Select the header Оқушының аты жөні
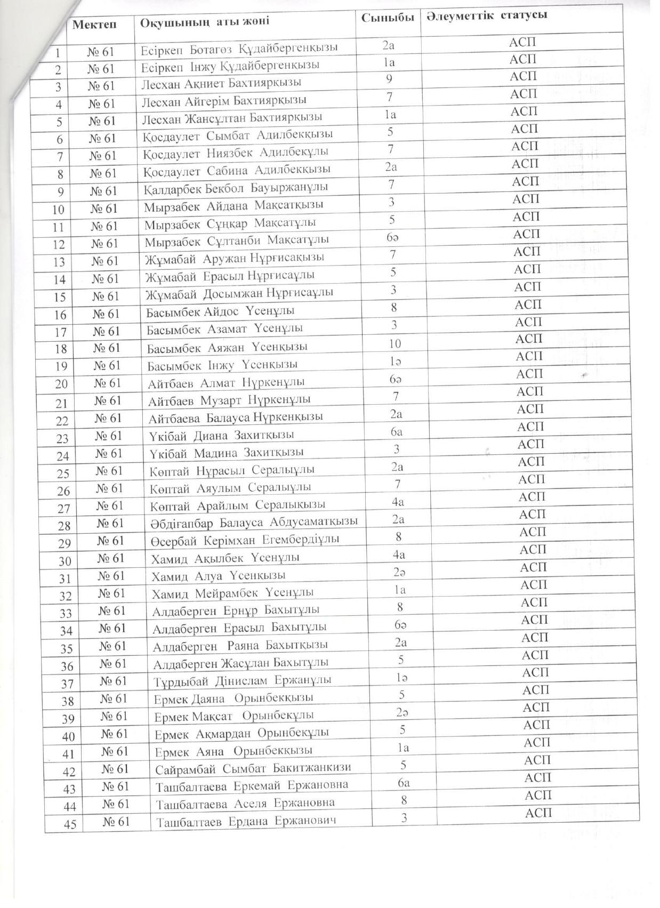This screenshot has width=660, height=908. click(x=205, y=22)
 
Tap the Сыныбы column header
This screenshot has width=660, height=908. click(x=387, y=18)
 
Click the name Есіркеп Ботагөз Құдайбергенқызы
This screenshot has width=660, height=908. click(x=239, y=48)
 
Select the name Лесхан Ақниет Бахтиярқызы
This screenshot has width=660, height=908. click(x=221, y=83)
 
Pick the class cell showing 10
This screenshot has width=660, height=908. click(x=395, y=343)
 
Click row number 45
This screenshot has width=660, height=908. click(x=70, y=824)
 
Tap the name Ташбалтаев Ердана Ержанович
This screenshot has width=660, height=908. click(x=246, y=821)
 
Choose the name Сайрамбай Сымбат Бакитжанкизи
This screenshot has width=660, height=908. click(x=253, y=768)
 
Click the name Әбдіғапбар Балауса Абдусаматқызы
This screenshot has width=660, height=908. click(x=254, y=521)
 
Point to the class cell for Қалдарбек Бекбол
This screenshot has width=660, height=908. click(x=391, y=184)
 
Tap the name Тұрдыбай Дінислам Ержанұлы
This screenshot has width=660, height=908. click(x=242, y=680)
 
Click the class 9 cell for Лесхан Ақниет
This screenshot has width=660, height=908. click(x=390, y=79)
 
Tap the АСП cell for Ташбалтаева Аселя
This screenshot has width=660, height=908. click(x=537, y=795)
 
